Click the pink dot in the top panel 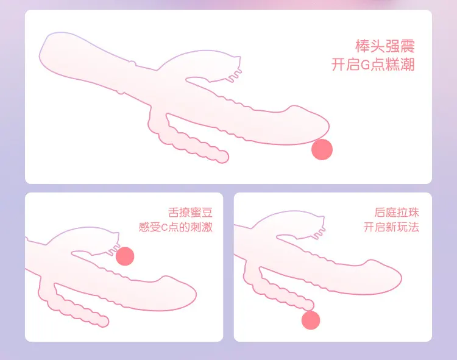coord(322,149)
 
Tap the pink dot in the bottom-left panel coord(125,256)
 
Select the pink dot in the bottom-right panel coord(311,320)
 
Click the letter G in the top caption coord(365,65)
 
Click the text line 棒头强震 coord(384,46)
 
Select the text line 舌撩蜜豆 coord(190,213)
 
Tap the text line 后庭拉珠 coord(397,213)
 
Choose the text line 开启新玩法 coord(391,227)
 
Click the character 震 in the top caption coord(408,46)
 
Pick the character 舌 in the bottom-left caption coord(174,213)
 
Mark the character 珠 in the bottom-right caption coord(414,213)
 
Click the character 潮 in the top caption coord(408,65)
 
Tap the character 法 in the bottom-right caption coord(414,227)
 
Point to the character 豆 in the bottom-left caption coord(207,213)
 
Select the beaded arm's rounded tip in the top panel coord(223,157)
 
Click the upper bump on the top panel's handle coord(133,63)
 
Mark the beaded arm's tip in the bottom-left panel coord(103,321)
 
